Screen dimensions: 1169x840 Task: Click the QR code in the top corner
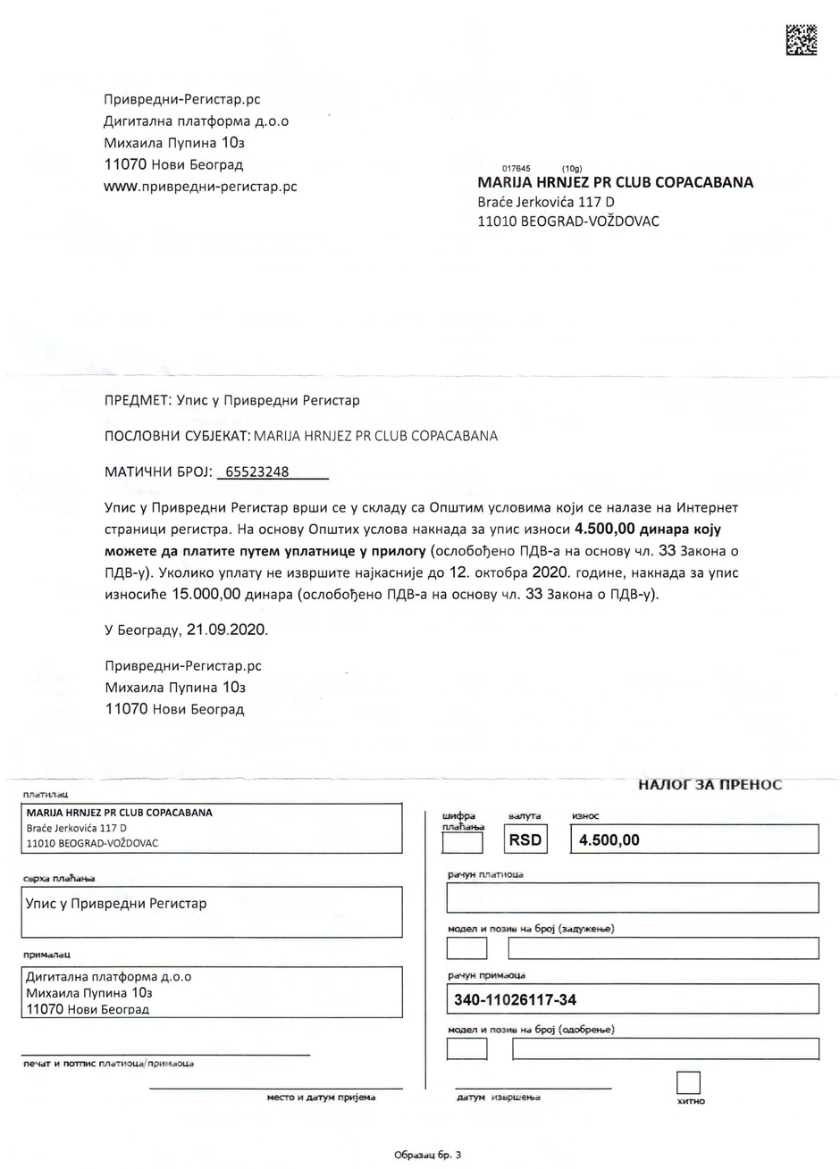(x=801, y=40)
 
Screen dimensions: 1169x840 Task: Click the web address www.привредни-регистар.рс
(x=200, y=187)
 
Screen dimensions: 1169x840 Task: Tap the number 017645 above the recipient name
(x=517, y=169)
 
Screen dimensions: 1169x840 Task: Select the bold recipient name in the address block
(x=615, y=183)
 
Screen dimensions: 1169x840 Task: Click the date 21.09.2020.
(x=226, y=630)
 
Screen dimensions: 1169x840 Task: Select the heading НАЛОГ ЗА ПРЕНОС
(x=710, y=785)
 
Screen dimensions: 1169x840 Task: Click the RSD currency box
(x=525, y=840)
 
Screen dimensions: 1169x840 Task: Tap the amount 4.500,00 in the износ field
(x=609, y=840)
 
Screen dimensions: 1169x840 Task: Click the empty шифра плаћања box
(x=462, y=842)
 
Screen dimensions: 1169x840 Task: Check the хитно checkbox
(x=688, y=1082)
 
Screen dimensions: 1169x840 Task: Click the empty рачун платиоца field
(x=633, y=898)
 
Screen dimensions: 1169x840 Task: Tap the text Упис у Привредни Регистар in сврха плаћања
(x=116, y=904)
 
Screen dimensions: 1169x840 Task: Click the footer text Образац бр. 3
(x=427, y=1156)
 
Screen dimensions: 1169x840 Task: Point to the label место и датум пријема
(x=321, y=1098)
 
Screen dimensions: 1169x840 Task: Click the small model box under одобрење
(x=466, y=1048)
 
